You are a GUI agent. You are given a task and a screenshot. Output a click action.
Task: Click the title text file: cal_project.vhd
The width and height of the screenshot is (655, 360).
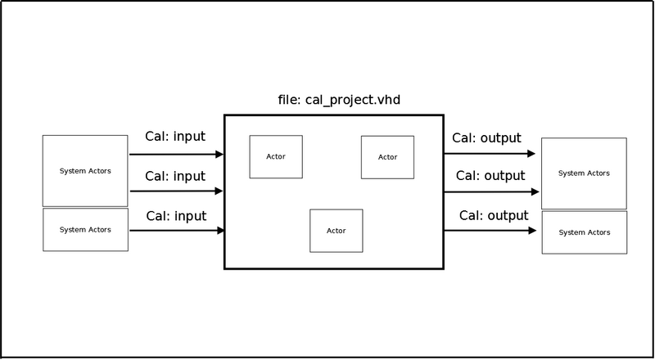click(x=339, y=101)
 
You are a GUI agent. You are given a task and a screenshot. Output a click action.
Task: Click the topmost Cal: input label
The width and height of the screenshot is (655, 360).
click(x=175, y=137)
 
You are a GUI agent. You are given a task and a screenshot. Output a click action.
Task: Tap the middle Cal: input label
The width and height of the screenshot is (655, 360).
click(x=175, y=176)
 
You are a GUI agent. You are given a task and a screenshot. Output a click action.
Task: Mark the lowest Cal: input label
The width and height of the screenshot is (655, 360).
click(x=176, y=216)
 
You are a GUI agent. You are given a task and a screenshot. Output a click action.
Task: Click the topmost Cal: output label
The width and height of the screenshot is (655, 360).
click(x=486, y=137)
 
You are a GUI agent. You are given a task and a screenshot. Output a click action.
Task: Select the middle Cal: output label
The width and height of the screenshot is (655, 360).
click(x=490, y=175)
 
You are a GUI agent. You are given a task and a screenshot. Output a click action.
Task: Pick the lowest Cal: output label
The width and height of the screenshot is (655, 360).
click(x=494, y=215)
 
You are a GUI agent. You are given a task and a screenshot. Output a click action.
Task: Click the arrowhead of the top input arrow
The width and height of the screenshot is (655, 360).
click(x=219, y=154)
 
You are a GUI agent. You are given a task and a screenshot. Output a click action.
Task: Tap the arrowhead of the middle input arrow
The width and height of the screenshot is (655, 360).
click(x=219, y=191)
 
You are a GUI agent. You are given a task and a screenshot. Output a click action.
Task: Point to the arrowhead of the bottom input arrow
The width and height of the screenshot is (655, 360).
click(x=220, y=230)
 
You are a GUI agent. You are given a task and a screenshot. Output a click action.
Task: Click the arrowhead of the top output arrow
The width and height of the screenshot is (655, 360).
click(x=531, y=154)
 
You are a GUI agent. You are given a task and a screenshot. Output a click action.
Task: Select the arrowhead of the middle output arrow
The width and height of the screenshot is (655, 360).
click(x=535, y=191)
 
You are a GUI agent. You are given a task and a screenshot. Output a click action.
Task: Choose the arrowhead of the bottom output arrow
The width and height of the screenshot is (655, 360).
click(x=532, y=230)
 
